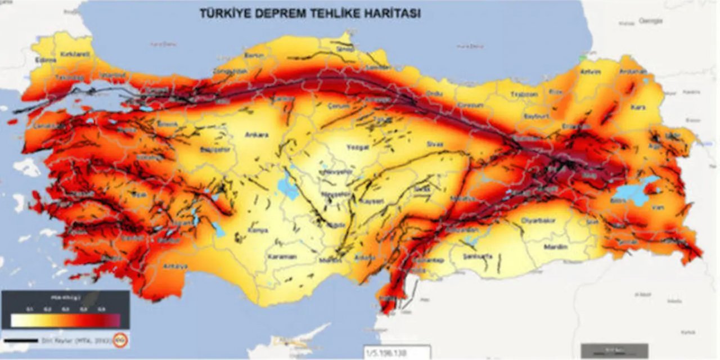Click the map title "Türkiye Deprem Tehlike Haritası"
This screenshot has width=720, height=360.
tap(310, 13)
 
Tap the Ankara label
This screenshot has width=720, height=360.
tap(256, 135)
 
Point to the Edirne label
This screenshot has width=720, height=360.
tap(46, 60)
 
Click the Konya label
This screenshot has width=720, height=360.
tap(258, 230)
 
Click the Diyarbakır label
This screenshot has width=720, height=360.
tap(539, 220)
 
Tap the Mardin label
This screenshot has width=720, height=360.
tap(556, 247)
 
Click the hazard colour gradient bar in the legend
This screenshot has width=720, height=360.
tap(65, 321)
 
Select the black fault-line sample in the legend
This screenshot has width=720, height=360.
tap(21, 340)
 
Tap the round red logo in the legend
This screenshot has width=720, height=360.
tap(119, 340)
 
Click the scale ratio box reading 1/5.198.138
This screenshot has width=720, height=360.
tap(396, 353)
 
